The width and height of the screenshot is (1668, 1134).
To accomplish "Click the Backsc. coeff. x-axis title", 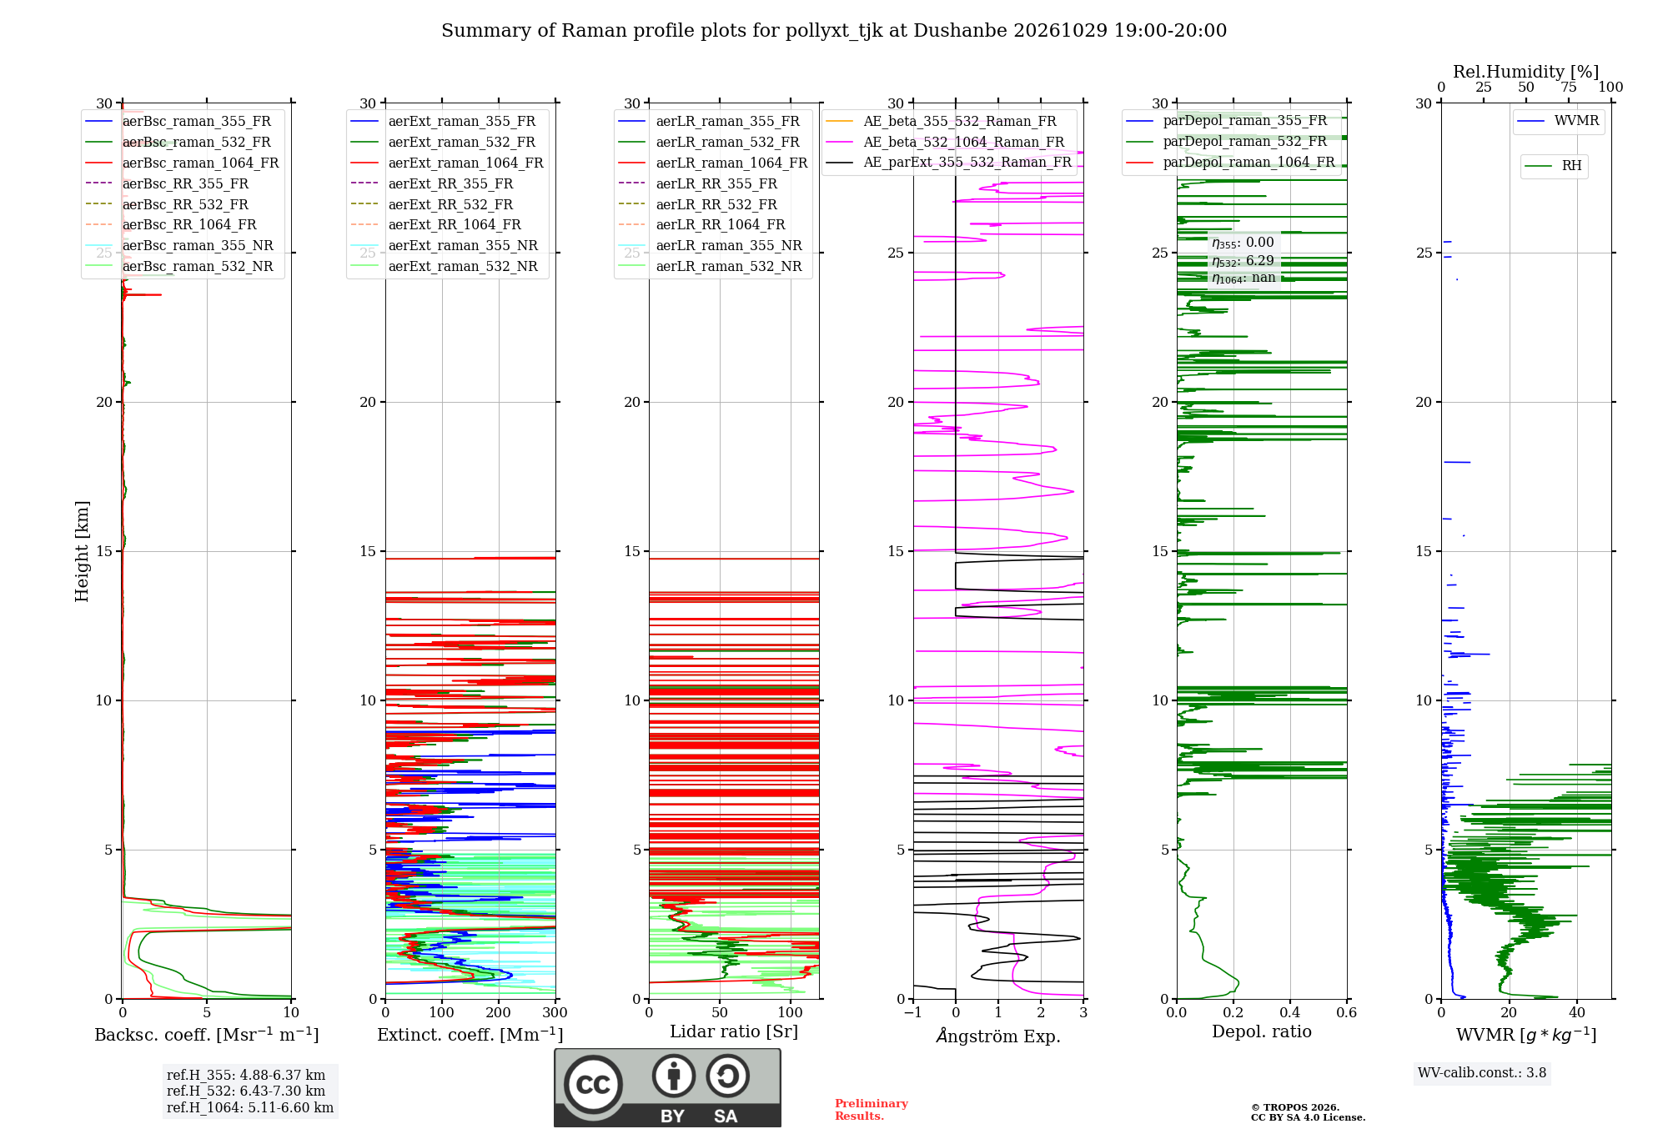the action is (207, 1035).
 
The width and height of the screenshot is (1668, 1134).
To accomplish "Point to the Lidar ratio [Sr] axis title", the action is (734, 1031).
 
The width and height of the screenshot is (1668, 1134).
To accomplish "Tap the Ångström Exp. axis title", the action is (998, 1036).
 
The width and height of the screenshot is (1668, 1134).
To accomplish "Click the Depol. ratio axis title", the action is (1262, 1031).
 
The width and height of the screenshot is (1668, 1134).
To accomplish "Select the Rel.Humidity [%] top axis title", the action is (1526, 72).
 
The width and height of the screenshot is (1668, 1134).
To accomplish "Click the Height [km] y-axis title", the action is (82, 551).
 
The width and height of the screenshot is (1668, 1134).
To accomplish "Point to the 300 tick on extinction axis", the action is (555, 1012).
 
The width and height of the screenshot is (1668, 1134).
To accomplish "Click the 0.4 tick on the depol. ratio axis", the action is (1290, 1012).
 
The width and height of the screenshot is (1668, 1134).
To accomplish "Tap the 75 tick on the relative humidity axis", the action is (1569, 87).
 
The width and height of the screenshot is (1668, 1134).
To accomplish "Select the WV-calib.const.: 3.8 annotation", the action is (1482, 1072).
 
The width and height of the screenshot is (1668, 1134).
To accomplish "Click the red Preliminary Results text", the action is (872, 1110).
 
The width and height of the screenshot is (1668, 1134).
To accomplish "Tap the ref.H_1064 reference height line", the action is (250, 1107).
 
